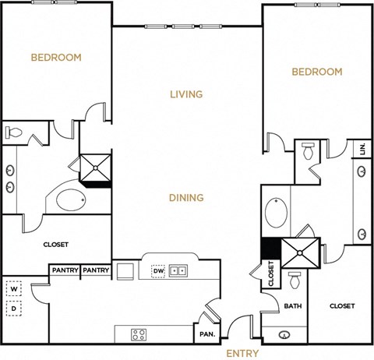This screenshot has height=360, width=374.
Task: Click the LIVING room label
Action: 186,94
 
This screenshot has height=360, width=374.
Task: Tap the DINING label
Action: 186,198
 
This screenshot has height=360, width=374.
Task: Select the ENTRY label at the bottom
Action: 242,353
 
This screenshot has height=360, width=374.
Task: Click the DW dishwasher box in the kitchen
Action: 157,271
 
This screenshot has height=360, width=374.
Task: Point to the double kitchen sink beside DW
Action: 178,271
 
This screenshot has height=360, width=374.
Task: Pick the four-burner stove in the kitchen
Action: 139,334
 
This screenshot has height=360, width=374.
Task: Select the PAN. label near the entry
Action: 208,333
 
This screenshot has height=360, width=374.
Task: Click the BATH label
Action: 293,306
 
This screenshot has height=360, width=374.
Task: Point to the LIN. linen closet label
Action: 362,149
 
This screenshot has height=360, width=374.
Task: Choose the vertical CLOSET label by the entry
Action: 271,274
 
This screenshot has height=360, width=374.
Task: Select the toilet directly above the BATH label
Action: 295,281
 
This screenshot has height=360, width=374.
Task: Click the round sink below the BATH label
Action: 284,336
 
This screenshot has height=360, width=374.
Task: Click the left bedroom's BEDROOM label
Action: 56,57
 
